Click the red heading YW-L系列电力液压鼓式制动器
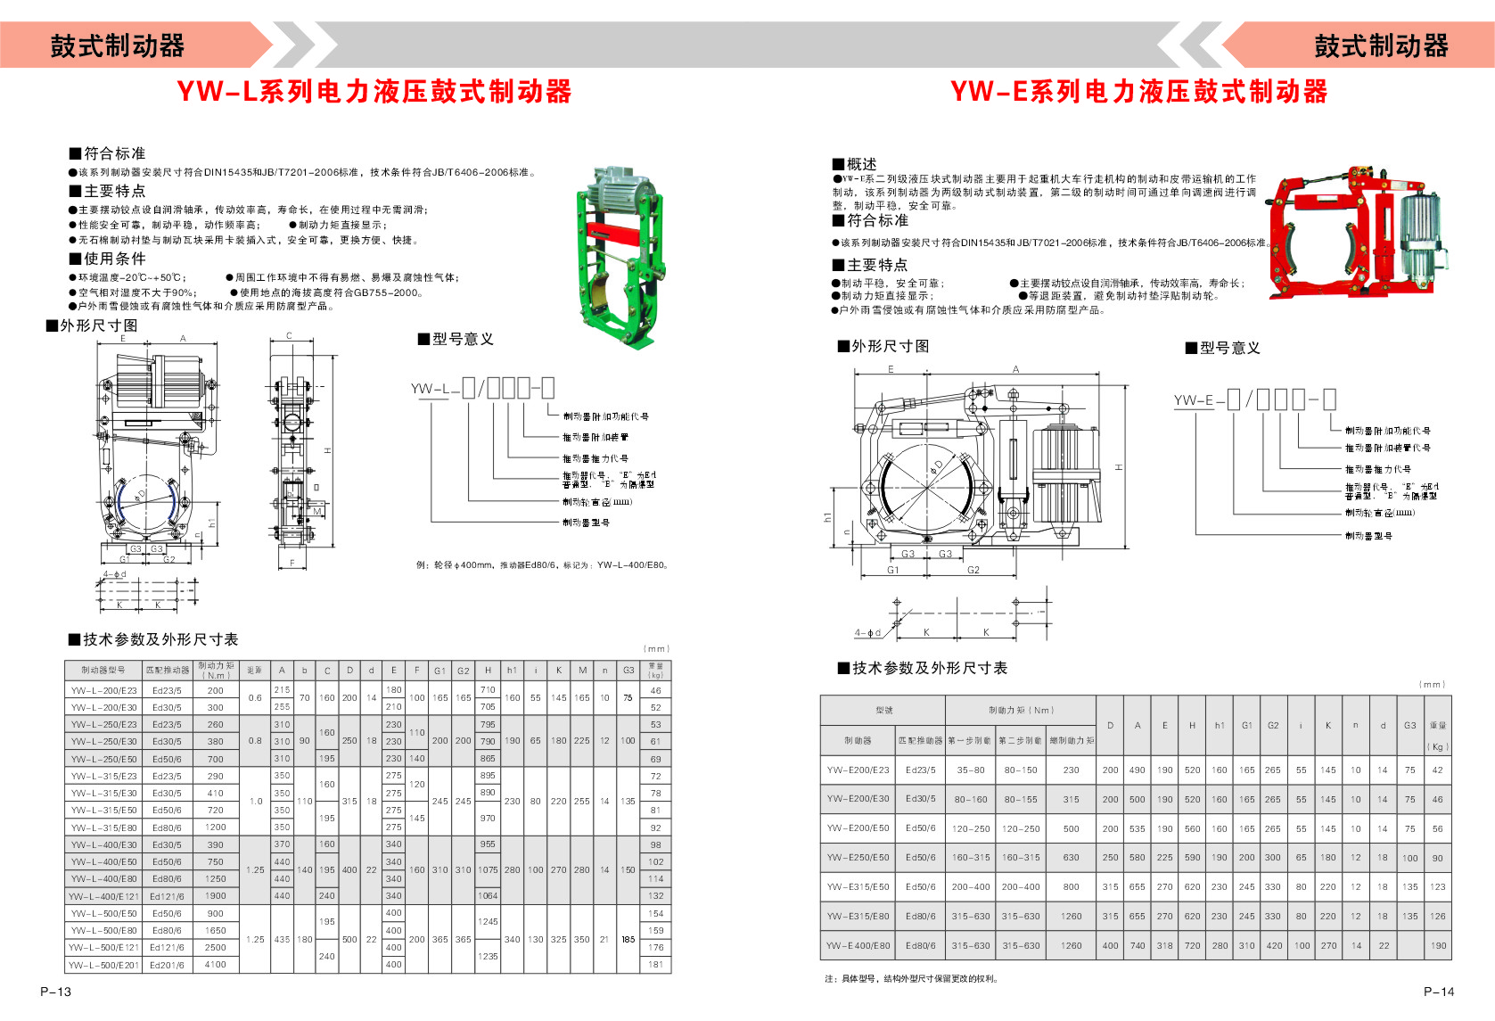click(x=374, y=92)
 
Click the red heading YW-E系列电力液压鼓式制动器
click(x=1138, y=92)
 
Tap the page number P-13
click(x=55, y=991)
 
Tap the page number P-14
click(x=1438, y=991)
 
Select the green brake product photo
click(x=620, y=259)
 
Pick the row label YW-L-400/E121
click(x=104, y=896)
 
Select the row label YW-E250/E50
click(x=858, y=858)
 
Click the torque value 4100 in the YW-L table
click(x=216, y=965)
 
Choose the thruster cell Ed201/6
click(x=167, y=965)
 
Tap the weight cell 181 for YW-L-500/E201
click(x=656, y=965)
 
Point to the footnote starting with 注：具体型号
click(x=911, y=978)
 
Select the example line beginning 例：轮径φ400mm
click(x=543, y=564)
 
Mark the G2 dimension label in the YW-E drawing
click(x=973, y=570)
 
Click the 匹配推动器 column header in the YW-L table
click(x=168, y=670)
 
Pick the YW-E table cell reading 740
click(x=1138, y=945)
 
